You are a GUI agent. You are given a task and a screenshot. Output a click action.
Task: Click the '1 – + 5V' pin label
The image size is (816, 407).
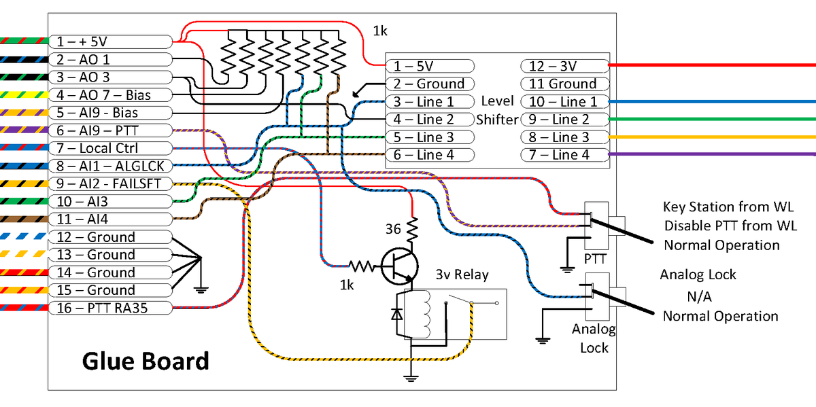(109, 42)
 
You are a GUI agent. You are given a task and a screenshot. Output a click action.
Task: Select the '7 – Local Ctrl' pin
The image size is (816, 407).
(109, 148)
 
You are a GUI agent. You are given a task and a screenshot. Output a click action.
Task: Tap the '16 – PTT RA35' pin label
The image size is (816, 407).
(109, 308)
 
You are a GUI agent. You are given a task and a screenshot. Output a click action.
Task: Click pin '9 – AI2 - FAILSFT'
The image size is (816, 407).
(109, 183)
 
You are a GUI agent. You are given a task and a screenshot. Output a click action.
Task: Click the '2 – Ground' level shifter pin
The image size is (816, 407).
(430, 84)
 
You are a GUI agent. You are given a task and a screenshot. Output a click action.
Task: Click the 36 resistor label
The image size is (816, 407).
(393, 230)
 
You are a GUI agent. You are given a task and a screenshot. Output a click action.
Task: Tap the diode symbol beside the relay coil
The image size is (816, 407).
(396, 315)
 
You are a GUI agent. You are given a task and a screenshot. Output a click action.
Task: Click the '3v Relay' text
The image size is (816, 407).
(462, 275)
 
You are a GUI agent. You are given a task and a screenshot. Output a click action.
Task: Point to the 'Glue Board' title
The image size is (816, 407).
(146, 361)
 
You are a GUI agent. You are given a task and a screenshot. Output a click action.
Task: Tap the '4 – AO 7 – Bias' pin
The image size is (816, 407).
(109, 95)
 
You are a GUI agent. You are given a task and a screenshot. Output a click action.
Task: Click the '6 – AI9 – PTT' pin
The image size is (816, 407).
(109, 130)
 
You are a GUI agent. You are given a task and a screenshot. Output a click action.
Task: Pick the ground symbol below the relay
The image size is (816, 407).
(410, 376)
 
